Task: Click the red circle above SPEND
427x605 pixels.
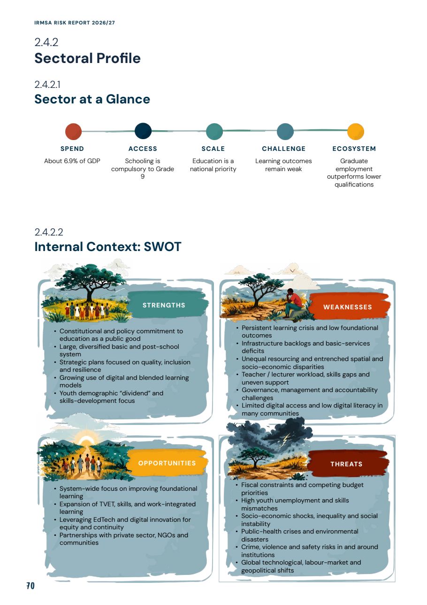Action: coord(73,132)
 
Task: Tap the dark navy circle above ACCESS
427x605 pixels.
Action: coord(143,131)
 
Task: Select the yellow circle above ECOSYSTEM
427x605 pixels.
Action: coord(356,132)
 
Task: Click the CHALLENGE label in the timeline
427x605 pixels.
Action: coord(283,149)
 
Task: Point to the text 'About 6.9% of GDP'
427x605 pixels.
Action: coord(72,161)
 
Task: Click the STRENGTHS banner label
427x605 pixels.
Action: coord(164,305)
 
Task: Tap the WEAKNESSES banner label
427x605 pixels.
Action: coord(348,307)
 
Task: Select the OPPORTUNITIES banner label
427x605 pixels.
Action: coord(167,463)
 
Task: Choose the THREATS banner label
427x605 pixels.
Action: coord(346,464)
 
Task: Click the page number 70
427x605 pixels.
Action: coord(30,586)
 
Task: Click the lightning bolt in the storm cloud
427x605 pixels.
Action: coord(287,438)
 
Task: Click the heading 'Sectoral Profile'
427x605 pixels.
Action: coord(88,58)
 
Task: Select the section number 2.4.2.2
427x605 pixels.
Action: coord(49,232)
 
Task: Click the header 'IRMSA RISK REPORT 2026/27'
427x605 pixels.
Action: coord(75,23)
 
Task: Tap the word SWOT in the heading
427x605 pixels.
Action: coord(162,247)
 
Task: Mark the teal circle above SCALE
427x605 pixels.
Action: coord(214,132)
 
